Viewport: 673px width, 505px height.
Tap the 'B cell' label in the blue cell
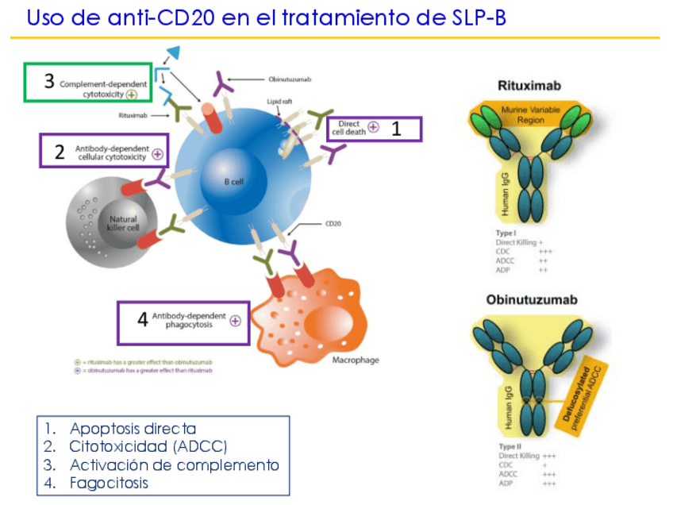[x=233, y=182]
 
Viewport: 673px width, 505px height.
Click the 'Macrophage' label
[x=355, y=360]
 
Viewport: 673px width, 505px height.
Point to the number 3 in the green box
[x=49, y=81]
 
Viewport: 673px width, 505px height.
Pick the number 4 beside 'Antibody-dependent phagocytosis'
[x=142, y=320]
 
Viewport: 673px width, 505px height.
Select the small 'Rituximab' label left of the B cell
[x=132, y=115]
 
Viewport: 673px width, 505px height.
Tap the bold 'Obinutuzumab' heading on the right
[x=531, y=300]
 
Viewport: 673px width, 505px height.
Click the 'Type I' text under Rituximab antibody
[x=506, y=233]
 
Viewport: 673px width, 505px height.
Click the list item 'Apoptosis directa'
[x=133, y=429]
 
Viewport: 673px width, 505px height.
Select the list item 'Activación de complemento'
[x=174, y=465]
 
